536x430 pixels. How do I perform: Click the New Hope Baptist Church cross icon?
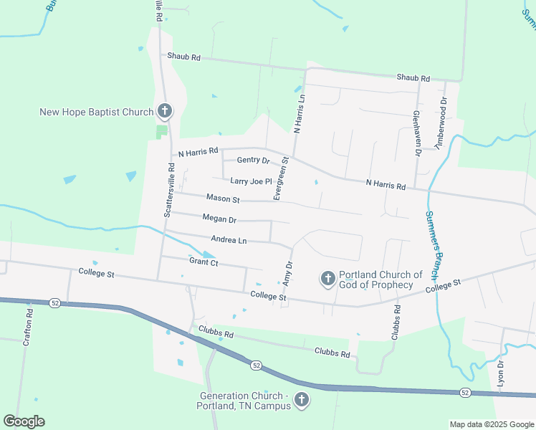[165, 111]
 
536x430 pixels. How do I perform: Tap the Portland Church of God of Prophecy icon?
[327, 278]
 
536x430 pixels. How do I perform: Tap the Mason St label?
[222, 198]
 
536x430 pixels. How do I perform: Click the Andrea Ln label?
[229, 240]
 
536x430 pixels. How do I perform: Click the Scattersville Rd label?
[169, 190]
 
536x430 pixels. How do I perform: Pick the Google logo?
[24, 421]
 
